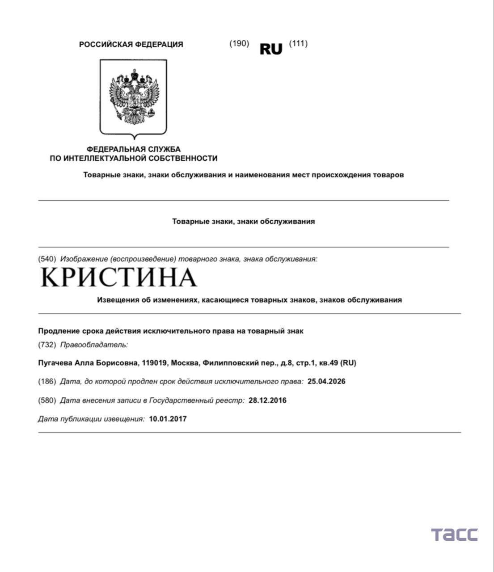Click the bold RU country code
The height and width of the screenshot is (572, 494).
[271, 49]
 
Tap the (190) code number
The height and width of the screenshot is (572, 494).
[239, 43]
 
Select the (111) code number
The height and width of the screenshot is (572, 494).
[298, 43]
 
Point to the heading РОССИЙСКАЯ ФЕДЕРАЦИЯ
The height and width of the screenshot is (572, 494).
[131, 44]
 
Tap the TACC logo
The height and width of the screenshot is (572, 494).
[454, 534]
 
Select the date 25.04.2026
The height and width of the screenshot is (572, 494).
[326, 382]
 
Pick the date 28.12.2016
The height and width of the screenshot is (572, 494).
[267, 400]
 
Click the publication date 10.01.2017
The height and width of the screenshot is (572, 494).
[168, 419]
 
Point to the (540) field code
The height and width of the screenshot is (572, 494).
[47, 259]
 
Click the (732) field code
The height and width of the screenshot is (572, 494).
[47, 345]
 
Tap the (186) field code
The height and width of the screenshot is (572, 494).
[47, 382]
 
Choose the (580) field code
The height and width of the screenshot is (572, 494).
[47, 400]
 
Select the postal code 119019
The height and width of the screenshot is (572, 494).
[155, 363]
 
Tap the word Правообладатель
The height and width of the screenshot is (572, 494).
[93, 345]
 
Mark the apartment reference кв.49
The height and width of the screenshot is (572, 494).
[328, 363]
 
